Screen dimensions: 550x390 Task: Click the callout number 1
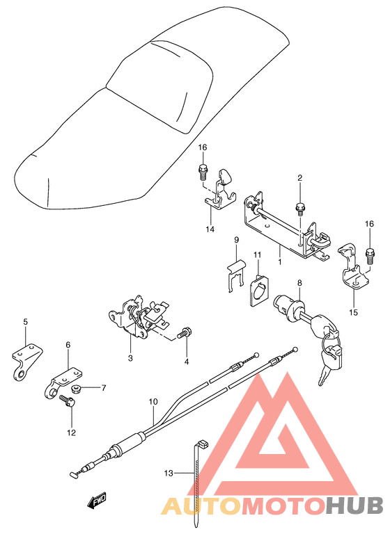280,262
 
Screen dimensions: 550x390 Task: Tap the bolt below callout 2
300,207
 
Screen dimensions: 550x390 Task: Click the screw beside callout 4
184,333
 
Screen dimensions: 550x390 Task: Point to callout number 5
25,322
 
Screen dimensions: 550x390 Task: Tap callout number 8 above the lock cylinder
299,283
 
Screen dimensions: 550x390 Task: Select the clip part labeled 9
237,275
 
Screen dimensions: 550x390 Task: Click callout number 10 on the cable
153,402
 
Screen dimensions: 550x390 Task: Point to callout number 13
168,474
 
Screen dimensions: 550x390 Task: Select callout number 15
353,312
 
